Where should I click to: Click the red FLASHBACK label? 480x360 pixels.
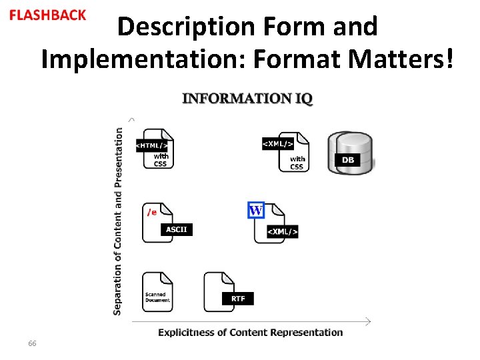[x=48, y=15]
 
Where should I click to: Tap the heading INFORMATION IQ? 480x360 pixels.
[x=247, y=99]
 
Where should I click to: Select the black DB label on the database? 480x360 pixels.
[x=348, y=160]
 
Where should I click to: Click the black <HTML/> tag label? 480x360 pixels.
[x=152, y=145]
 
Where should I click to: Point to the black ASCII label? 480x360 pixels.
[x=177, y=229]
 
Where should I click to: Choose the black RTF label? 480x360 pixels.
[x=238, y=299]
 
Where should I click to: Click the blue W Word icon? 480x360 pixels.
[x=256, y=211]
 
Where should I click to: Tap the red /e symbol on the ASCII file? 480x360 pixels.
[x=152, y=212]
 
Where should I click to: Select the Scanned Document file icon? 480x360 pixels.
[x=157, y=291]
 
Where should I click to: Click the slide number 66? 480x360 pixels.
[x=32, y=343]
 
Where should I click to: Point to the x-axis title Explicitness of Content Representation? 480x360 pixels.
[x=251, y=332]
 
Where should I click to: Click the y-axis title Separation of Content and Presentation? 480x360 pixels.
[x=119, y=221]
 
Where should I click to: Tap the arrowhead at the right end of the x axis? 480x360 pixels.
[x=367, y=321]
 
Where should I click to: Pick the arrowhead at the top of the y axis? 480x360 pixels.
[x=132, y=119]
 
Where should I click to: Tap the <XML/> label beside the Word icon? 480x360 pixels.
[x=283, y=231]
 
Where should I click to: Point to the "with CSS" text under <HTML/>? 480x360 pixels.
[x=161, y=161]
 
